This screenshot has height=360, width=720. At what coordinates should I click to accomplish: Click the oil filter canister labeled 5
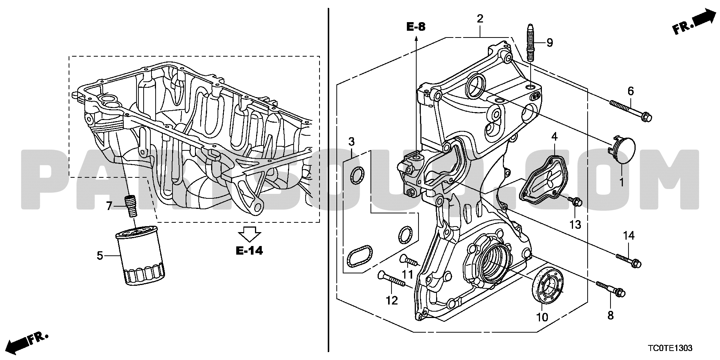pos(141,255)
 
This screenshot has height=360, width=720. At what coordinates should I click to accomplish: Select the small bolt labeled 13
pos(575,201)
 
